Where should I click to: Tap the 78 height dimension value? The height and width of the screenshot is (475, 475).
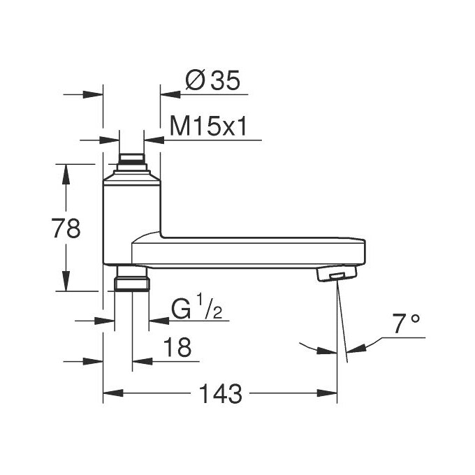pyautogui.click(x=66, y=228)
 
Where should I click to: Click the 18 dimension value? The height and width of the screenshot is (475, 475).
pyautogui.click(x=176, y=348)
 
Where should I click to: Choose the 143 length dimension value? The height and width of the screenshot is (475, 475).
pyautogui.click(x=221, y=393)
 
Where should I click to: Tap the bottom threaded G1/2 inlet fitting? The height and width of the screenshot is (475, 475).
pyautogui.click(x=131, y=279)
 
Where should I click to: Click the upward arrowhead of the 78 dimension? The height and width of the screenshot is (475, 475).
pyautogui.click(x=66, y=173)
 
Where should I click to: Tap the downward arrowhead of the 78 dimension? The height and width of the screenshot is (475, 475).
pyautogui.click(x=66, y=283)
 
